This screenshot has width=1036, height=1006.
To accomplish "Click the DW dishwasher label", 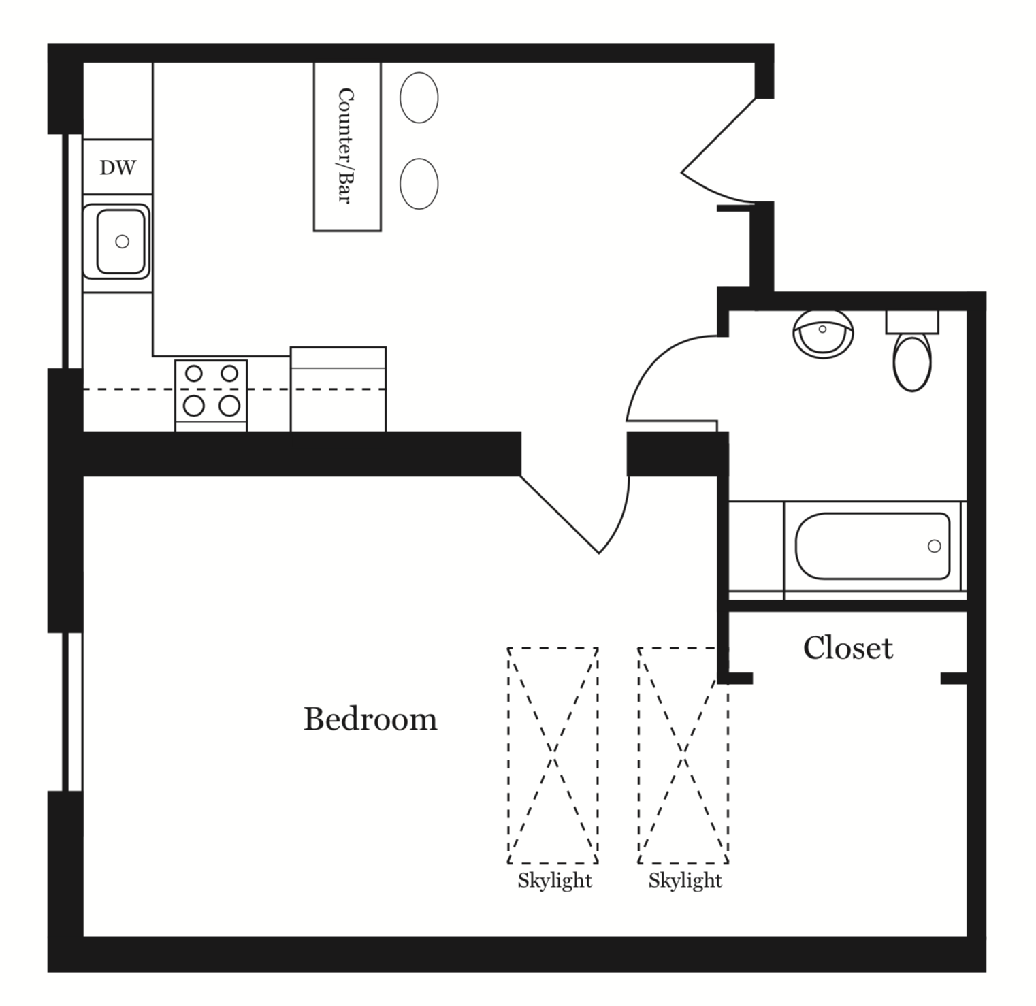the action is point(117,167).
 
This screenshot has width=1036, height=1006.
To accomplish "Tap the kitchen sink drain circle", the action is point(122,241).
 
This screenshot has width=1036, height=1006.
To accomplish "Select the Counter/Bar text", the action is point(346,145).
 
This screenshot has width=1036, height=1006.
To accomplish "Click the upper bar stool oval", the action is point(419,97).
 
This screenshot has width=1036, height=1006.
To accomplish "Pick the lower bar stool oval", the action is point(419,184).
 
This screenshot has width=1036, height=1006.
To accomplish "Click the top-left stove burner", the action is point(194,373).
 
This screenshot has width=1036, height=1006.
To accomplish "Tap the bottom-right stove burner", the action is point(229,406).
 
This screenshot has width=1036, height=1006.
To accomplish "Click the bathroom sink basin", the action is point(823,334).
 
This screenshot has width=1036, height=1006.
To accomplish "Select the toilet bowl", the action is point(911,361).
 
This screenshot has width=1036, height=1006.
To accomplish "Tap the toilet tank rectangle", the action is point(911,322).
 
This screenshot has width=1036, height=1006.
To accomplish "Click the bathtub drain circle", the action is point(934,546).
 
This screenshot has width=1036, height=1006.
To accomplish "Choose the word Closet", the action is point(847,648).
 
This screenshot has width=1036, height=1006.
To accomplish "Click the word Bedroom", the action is point(370,719).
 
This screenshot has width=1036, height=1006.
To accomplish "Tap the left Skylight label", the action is point(554,881).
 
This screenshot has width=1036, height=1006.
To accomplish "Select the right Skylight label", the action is point(685,881).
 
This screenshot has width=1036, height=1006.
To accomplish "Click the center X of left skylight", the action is point(553,756).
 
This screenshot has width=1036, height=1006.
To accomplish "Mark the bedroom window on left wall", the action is point(74,711).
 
